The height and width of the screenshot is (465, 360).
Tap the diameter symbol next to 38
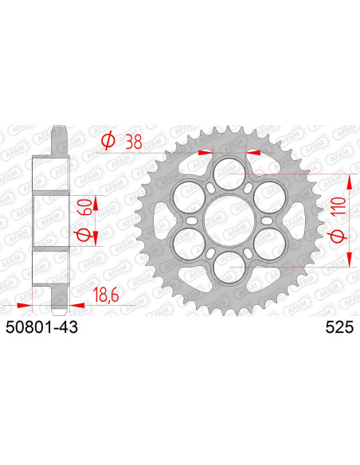pos(108,142)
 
